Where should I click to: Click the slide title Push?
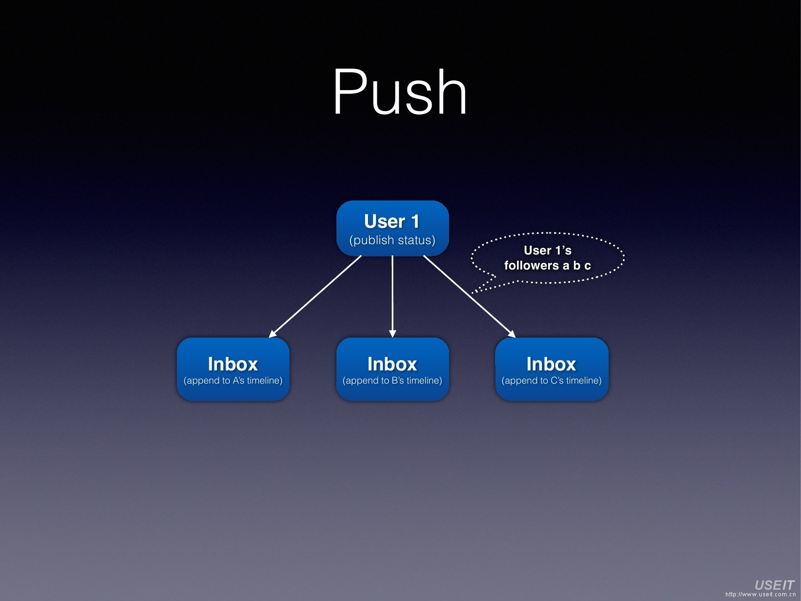[x=400, y=92]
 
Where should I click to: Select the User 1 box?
[x=392, y=228]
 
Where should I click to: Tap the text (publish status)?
[x=392, y=240]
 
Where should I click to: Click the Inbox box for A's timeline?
[x=233, y=369]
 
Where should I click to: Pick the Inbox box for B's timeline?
[x=392, y=369]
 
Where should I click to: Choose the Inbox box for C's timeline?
[x=552, y=369]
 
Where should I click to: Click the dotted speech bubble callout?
[x=548, y=257]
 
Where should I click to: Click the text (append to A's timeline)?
[x=233, y=381]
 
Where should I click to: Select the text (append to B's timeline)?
[x=392, y=381]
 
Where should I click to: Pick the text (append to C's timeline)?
[x=552, y=381]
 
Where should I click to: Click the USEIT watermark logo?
[x=774, y=585]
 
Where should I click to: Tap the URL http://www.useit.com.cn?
[x=760, y=595]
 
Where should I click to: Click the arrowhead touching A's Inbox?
[x=273, y=334]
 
